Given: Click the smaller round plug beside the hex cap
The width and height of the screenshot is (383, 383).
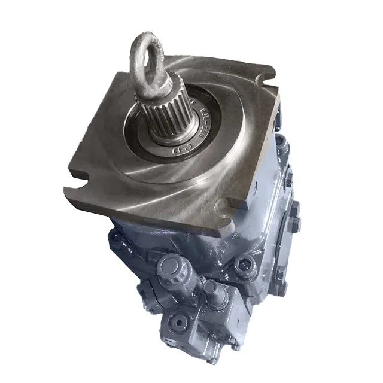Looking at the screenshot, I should (x=210, y=286).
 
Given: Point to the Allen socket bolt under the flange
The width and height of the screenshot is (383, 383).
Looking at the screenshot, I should (x=244, y=263).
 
